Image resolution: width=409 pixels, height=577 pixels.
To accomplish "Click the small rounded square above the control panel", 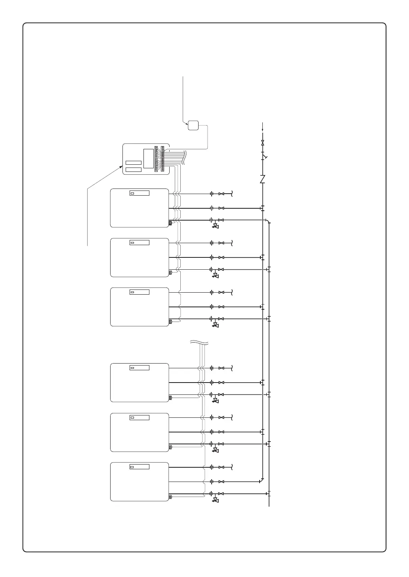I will [193, 125].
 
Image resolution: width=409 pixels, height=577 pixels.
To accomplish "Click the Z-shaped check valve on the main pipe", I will [262, 179].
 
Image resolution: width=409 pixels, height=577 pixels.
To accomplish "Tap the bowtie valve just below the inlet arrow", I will [262, 143].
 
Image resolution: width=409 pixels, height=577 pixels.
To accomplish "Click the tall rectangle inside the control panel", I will [148, 158].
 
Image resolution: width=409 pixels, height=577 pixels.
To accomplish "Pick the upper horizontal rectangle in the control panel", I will [133, 163].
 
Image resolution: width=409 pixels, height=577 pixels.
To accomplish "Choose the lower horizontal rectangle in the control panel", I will [133, 170].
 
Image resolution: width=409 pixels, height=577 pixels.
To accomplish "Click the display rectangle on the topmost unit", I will [140, 193].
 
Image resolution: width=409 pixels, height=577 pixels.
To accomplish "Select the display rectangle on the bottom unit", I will [140, 467].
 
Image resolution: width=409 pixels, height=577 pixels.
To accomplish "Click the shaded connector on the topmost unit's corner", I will [170, 223].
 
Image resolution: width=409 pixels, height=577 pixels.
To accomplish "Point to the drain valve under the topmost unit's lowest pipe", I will [215, 226].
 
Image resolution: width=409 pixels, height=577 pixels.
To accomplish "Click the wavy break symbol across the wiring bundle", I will [199, 342].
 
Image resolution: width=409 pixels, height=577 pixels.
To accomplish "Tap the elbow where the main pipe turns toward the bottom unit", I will [262, 480].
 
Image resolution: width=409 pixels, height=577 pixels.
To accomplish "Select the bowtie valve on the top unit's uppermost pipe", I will [222, 194].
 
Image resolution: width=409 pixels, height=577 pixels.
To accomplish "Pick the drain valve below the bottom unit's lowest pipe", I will [215, 500].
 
